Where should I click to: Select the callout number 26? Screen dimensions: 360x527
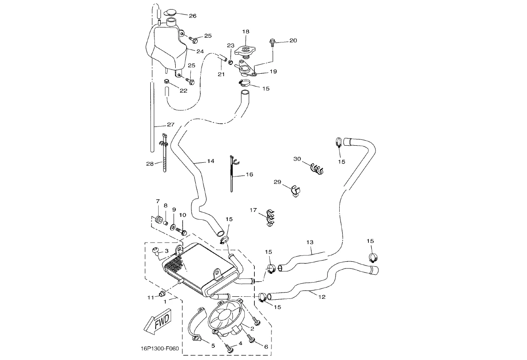pyautogui.click(x=192, y=16)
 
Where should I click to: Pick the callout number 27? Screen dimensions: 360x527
pyautogui.click(x=171, y=125)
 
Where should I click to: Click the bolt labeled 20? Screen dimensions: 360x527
pyautogui.click(x=272, y=41)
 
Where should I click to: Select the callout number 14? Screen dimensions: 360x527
pyautogui.click(x=211, y=161)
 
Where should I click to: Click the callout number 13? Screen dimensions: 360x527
pyautogui.click(x=309, y=242)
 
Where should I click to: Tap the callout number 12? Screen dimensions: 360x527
pyautogui.click(x=322, y=297)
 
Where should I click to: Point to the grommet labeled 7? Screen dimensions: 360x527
pyautogui.click(x=159, y=219)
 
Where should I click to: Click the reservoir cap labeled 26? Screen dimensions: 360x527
pyautogui.click(x=171, y=12)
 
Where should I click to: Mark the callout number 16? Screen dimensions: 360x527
pyautogui.click(x=249, y=174)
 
